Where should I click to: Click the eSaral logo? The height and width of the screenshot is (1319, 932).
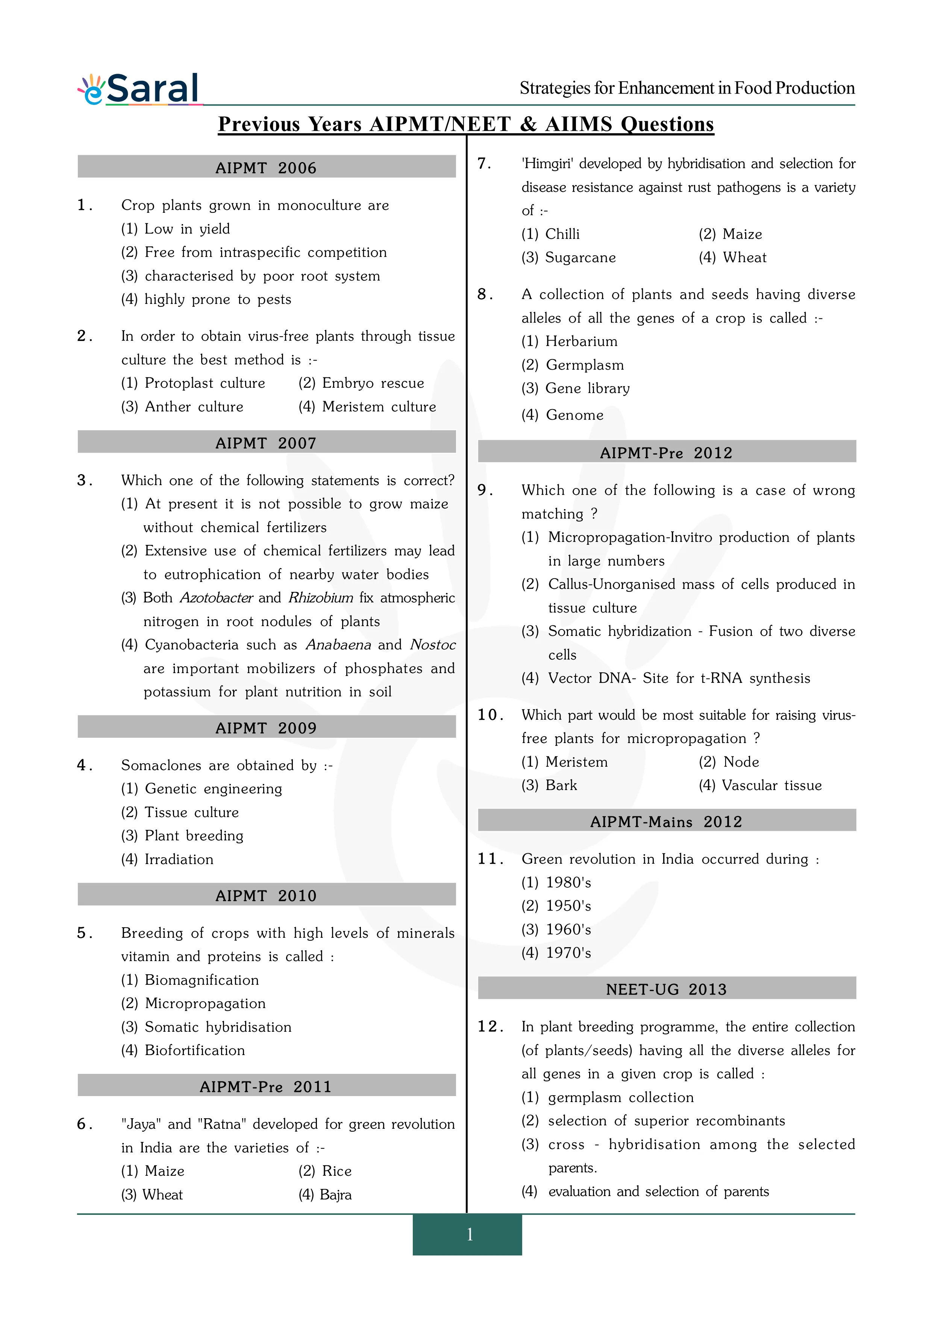point(139,89)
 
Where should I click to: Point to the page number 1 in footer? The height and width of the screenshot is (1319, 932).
point(469,1234)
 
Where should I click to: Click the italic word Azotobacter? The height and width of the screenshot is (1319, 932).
point(217,597)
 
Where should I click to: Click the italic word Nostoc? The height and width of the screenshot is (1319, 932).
point(432,644)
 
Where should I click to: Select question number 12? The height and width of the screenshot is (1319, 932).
point(489,1026)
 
